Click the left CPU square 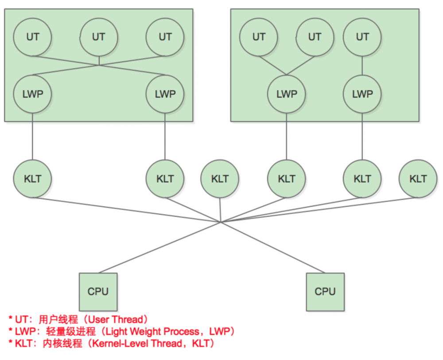pos(98,291)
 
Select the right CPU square pos(325,291)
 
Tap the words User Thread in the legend pos(117,319)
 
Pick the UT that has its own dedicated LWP pos(362,37)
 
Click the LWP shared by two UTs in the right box pos(287,94)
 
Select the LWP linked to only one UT pos(362,94)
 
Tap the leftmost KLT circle pos(32,179)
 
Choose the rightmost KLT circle pos(418,179)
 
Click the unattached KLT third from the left pos(220,179)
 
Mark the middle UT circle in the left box pos(99,37)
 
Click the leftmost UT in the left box pos(32,37)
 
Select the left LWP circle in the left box pos(32,94)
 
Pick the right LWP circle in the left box pos(165,94)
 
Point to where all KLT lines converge pos(220,222)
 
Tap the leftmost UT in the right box pos(259,37)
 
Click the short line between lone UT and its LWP pos(362,66)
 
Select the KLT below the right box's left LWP pos(287,179)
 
